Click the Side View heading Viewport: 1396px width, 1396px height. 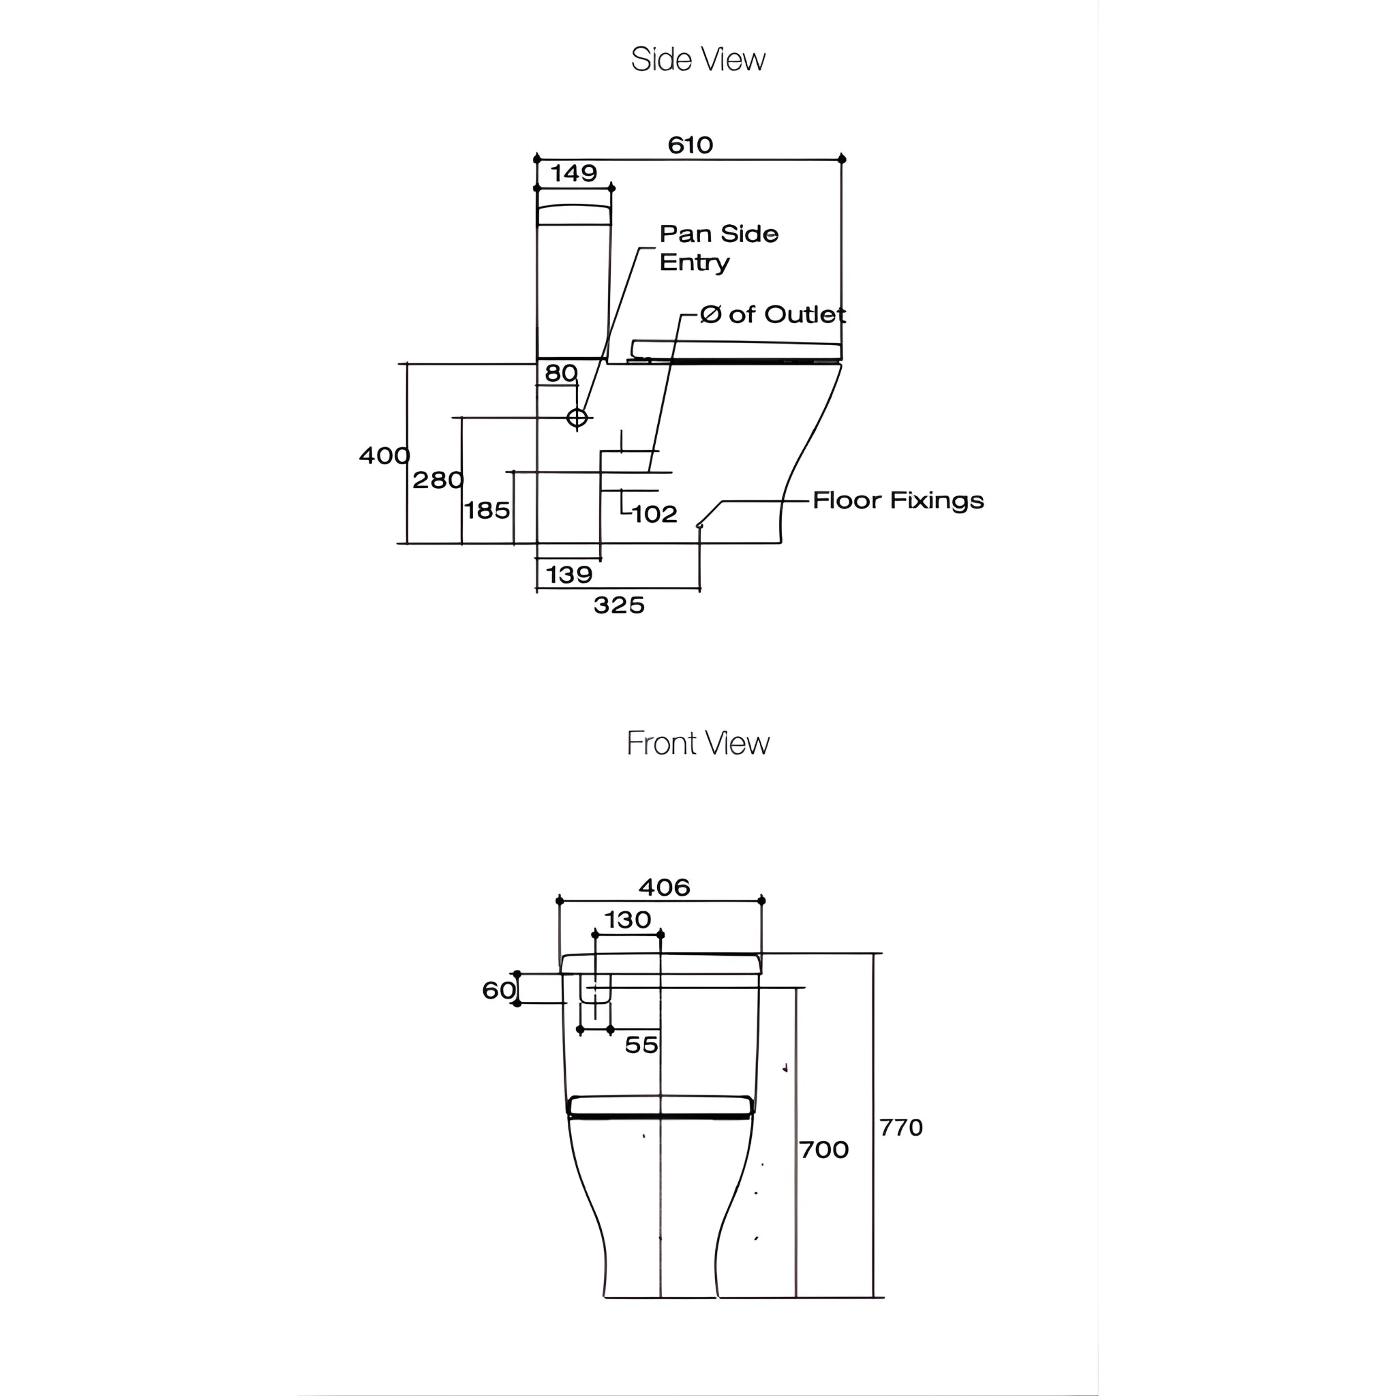click(697, 59)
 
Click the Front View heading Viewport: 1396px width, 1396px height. click(697, 743)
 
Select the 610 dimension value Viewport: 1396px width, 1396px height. click(690, 145)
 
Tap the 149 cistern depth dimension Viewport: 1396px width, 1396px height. click(574, 173)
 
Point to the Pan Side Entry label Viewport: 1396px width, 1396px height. click(718, 248)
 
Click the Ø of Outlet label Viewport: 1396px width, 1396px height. click(772, 314)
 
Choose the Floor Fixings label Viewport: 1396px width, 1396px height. click(898, 500)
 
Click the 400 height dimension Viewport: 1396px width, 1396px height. click(384, 455)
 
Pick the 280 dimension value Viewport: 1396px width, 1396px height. click(437, 480)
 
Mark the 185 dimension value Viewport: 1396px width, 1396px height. click(487, 511)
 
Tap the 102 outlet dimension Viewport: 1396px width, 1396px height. click(654, 515)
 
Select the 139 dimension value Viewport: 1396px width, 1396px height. click(568, 575)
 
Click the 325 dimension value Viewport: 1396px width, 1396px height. click(618, 605)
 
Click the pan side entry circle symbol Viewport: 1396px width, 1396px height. click(577, 418)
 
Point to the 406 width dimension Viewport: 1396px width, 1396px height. click(664, 887)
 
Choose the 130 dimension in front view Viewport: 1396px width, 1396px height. click(627, 920)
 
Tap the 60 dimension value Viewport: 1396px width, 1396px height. click(498, 990)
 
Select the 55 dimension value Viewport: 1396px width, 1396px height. click(641, 1045)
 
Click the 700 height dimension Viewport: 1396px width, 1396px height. click(823, 1150)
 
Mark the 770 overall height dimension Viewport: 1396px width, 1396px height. click(900, 1128)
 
